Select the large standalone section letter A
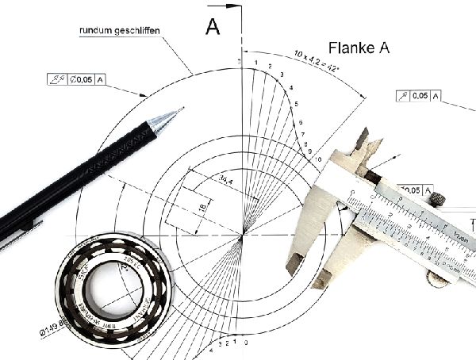213,27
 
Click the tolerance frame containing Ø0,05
78,79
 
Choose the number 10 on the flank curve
318,159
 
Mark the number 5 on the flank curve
296,105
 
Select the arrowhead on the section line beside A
234,6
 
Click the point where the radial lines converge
240,236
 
